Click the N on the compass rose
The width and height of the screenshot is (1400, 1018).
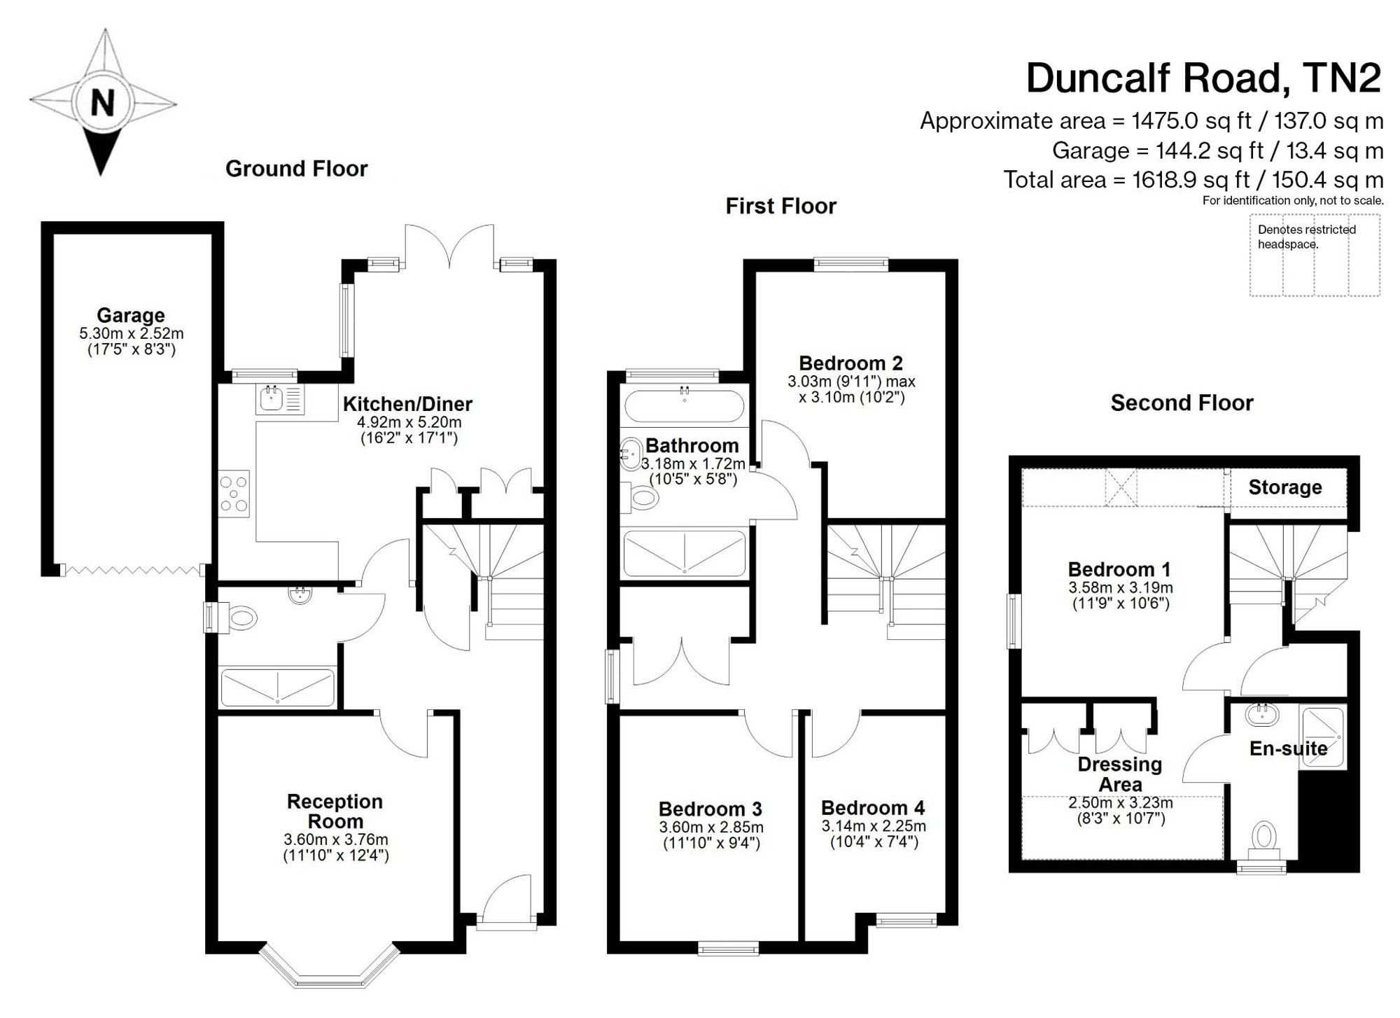[103, 103]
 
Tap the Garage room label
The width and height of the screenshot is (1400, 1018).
[131, 315]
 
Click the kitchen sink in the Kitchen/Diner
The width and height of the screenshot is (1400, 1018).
[280, 399]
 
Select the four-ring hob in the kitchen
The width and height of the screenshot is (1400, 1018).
[234, 494]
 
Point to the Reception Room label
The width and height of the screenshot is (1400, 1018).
[335, 811]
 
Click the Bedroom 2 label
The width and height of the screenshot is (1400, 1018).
[851, 363]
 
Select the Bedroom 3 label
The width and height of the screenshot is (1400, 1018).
[710, 809]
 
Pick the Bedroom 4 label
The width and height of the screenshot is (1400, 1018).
[873, 808]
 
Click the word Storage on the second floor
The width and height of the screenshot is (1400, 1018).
[1285, 487]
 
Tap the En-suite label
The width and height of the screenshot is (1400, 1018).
[1289, 748]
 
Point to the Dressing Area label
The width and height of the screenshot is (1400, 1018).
[1120, 774]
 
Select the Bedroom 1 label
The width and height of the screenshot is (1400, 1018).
[1119, 569]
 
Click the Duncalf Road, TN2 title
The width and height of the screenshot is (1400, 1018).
[1204, 78]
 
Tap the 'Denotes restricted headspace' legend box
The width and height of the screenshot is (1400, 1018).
[1315, 255]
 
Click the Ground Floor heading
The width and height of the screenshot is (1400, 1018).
[296, 169]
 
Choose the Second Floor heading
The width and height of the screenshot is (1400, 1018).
[1182, 403]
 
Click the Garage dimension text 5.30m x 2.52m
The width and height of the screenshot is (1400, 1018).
[132, 333]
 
